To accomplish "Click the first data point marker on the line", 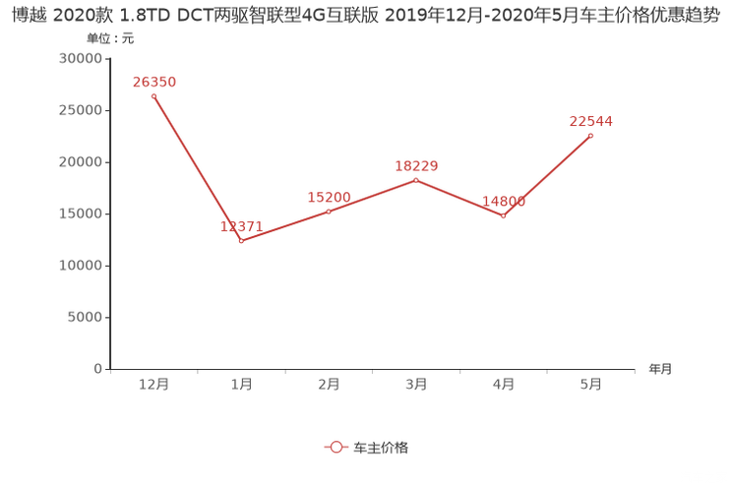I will (x=153, y=95).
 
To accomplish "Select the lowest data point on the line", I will (x=241, y=240).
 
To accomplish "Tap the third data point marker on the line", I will (x=329, y=211).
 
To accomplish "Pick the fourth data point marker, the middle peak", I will (x=416, y=180).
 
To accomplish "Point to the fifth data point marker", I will (x=504, y=214).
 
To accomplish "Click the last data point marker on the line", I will (x=591, y=136).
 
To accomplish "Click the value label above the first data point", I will (x=153, y=82).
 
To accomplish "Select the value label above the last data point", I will (x=591, y=122).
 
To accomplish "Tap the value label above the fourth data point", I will (x=416, y=166).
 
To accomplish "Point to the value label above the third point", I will (x=329, y=197).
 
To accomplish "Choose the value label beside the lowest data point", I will (x=241, y=226).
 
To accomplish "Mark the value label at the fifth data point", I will (x=504, y=202).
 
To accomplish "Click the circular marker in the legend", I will (x=335, y=447).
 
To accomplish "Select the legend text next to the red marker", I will (x=381, y=447).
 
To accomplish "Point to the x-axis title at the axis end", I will (x=660, y=370).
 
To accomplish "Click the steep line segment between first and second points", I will (x=197, y=167).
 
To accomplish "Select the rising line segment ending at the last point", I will (x=548, y=175).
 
